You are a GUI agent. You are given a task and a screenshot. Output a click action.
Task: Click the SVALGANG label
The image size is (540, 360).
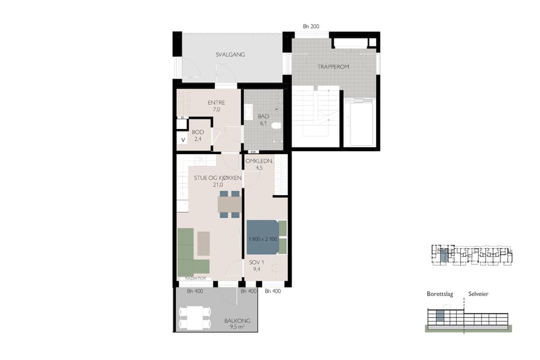tap(230, 55)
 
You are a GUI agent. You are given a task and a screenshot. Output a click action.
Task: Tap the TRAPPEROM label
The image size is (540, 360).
tap(334, 67)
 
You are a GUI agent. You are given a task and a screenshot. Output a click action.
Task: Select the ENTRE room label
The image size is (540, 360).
tap(216, 103)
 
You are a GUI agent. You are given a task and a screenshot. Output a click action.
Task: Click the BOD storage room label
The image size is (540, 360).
tap(197, 132)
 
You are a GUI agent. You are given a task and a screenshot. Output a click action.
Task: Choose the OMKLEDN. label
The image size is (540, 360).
tap(260, 161)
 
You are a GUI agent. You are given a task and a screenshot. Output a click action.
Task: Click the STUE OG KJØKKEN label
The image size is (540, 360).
tap(217, 178)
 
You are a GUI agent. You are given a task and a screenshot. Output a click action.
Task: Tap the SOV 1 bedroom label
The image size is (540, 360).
tap(256, 262)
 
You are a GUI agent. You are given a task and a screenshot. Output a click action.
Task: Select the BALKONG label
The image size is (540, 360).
tap(237, 321)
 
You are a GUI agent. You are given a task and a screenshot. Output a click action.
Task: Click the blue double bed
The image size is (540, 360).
tap(263, 239)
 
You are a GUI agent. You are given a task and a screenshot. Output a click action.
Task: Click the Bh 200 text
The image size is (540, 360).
tap(311, 26)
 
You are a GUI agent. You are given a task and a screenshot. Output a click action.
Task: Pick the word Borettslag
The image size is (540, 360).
tap(439, 294)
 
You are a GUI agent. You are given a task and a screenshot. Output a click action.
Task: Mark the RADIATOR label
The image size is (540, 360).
tap(196, 279)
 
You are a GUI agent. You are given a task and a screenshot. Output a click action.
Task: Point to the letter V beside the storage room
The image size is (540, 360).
tap(183, 140)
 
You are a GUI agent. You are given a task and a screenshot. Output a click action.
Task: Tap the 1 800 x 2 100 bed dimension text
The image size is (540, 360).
tap(262, 239)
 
